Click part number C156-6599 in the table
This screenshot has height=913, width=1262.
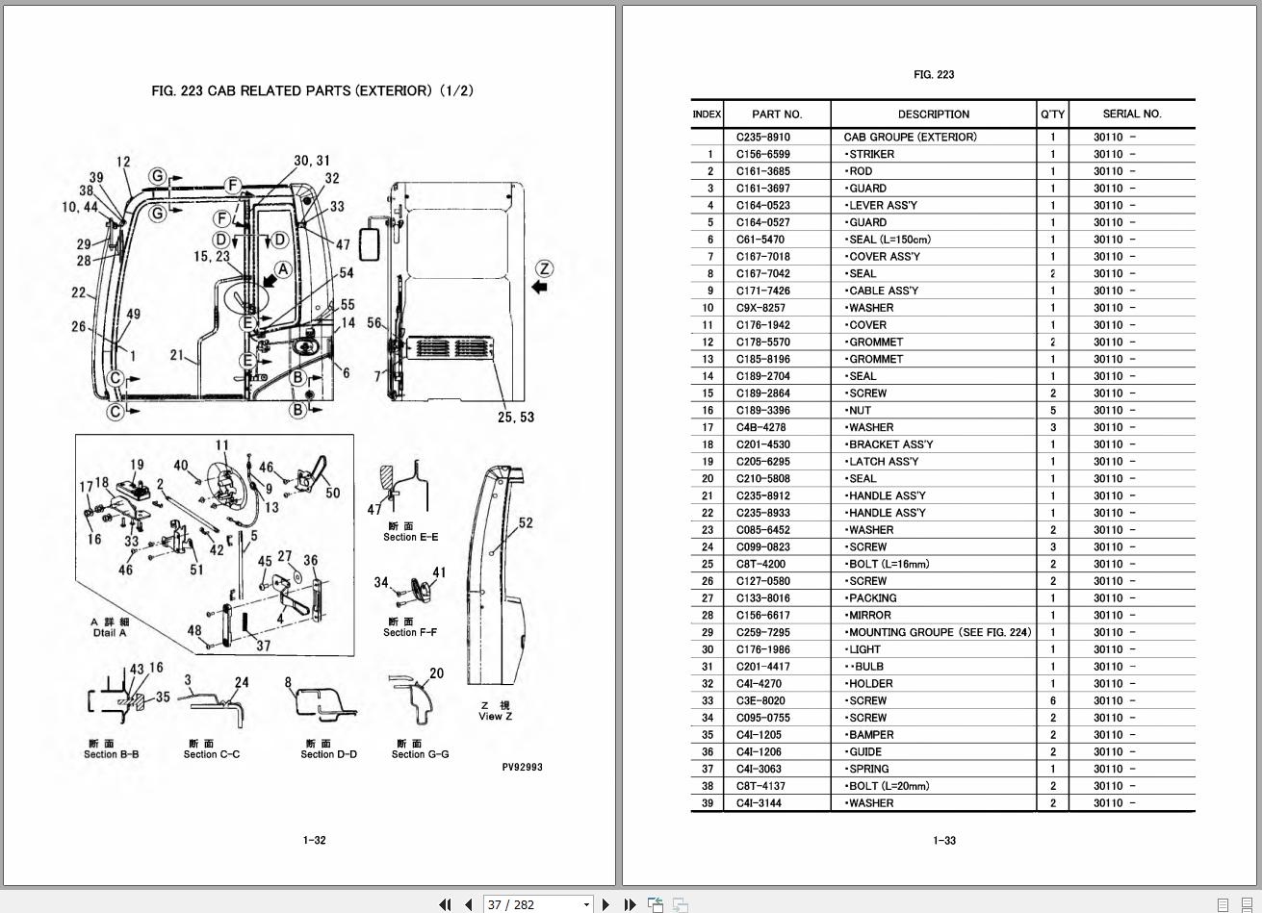762,154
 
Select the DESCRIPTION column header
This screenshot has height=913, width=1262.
933,114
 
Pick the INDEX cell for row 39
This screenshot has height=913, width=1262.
707,803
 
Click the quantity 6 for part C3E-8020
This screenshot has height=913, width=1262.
1052,700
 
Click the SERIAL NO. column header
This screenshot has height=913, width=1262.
1131,114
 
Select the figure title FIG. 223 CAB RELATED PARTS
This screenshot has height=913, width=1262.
312,90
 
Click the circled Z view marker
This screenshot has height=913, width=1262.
545,268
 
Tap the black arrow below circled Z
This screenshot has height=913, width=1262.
540,287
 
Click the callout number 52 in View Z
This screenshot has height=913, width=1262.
526,523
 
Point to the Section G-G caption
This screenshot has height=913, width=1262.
420,754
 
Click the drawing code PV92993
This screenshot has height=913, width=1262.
522,768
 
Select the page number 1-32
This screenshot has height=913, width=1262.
314,840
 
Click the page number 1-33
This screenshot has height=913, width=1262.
944,840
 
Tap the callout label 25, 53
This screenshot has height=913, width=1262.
516,417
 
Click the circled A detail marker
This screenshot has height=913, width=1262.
282,269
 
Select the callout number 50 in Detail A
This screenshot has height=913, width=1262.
332,494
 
